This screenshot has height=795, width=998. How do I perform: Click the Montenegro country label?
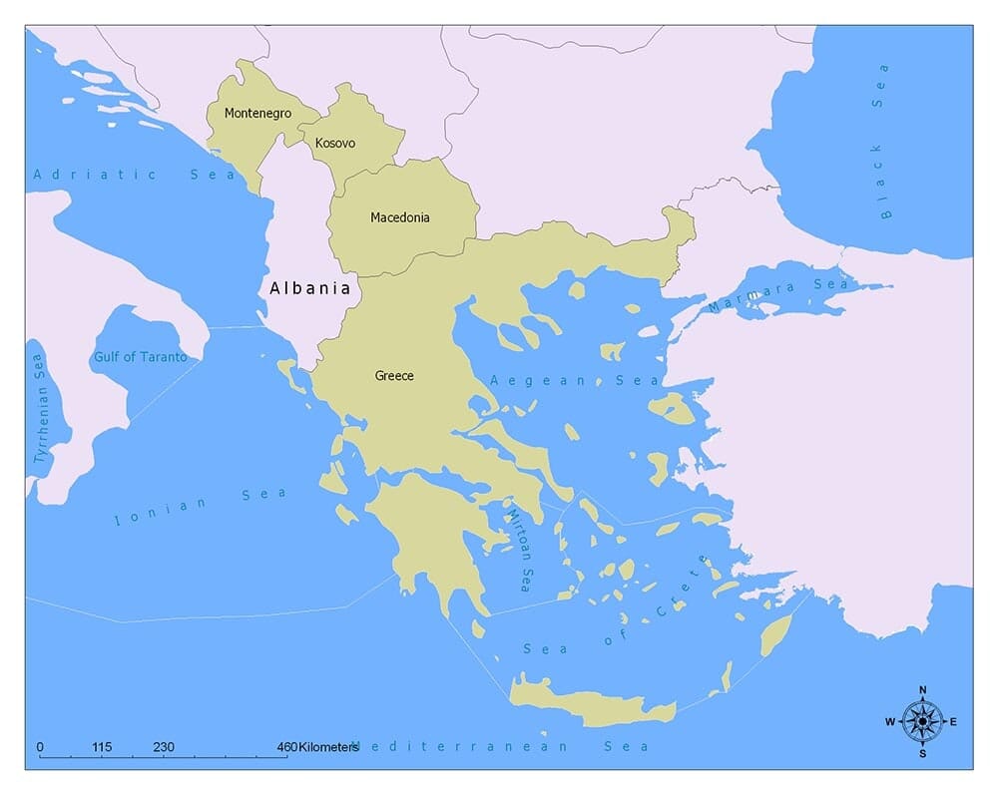point(257,113)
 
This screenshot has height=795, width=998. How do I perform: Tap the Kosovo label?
point(335,144)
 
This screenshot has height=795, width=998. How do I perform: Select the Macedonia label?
point(400,217)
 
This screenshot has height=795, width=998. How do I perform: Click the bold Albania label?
point(310,288)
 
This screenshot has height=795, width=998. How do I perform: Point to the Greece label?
point(394,376)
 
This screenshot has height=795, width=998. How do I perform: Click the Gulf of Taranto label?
point(140,357)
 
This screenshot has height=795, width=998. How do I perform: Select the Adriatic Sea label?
point(134,175)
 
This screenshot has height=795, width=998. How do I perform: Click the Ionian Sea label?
point(201,506)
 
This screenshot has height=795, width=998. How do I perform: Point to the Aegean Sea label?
point(574,381)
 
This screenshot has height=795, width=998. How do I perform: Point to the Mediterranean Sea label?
point(499,746)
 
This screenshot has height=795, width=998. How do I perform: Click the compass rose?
point(922,721)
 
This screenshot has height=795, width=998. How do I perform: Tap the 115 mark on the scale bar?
point(102,746)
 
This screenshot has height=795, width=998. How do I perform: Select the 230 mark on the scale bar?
point(165,746)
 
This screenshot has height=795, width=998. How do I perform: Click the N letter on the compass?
point(922,690)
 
